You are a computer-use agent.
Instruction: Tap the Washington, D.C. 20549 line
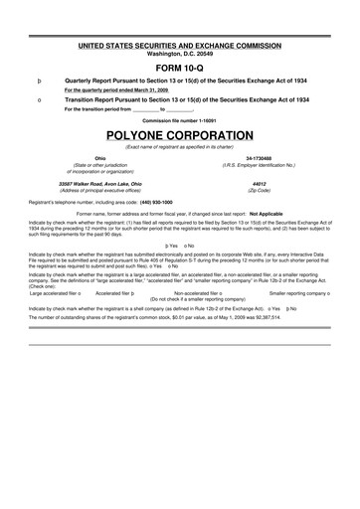pos(180,53)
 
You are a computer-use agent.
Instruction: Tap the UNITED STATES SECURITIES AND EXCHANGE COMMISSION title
pos(180,46)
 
